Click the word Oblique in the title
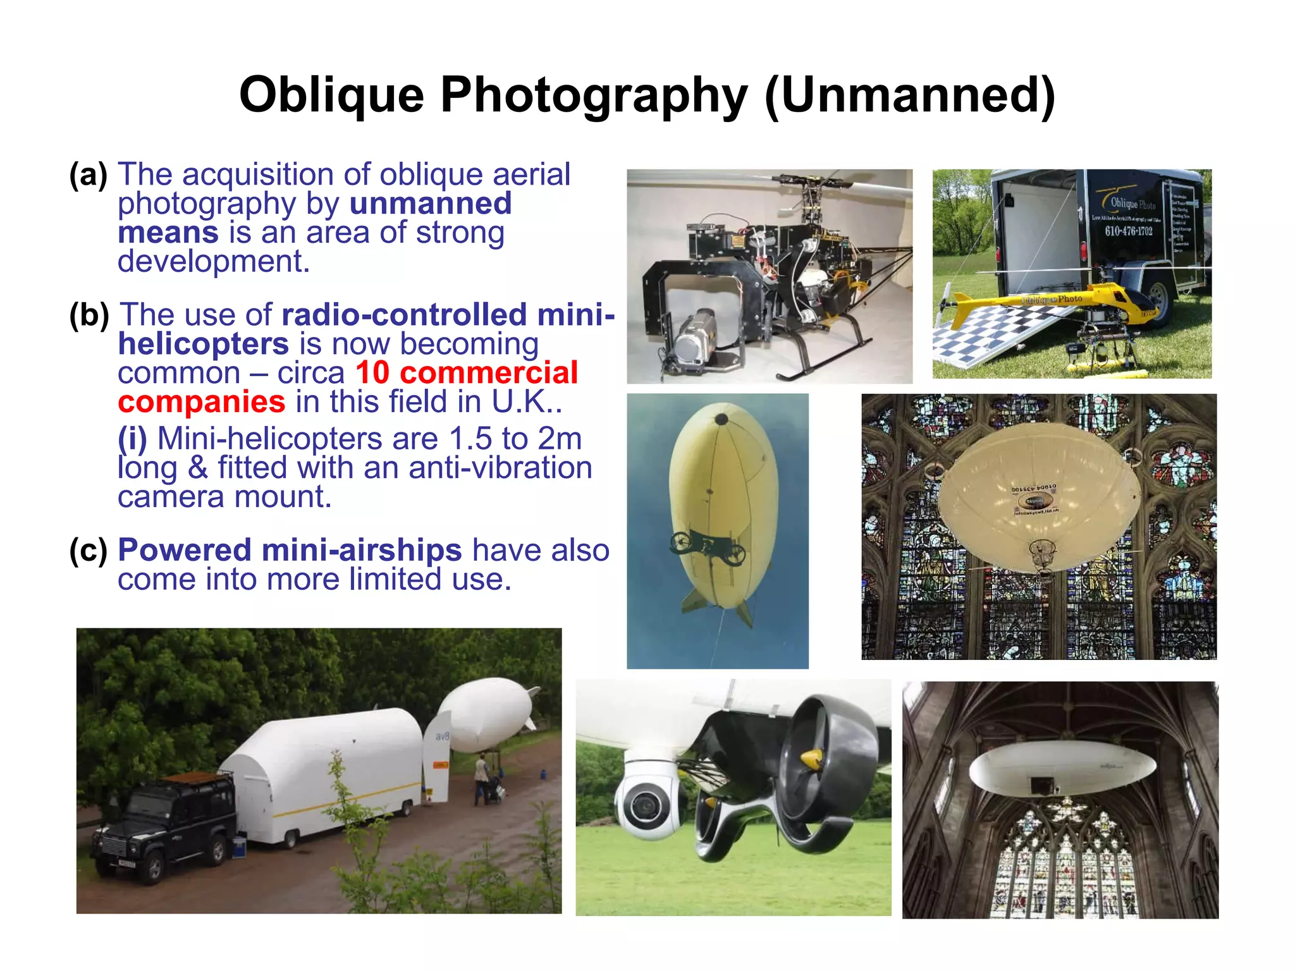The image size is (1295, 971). [x=331, y=95]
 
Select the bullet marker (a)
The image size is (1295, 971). [x=88, y=175]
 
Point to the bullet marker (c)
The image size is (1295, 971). [x=88, y=551]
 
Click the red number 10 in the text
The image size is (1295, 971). [x=372, y=372]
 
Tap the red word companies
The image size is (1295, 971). [x=201, y=402]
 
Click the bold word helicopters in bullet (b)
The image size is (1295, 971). [x=203, y=344]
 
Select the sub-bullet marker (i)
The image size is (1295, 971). [x=132, y=439]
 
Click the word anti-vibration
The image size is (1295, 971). [x=500, y=468]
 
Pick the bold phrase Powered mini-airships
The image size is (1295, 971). [x=290, y=550]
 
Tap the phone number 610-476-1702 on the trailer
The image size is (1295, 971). [x=1129, y=231]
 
